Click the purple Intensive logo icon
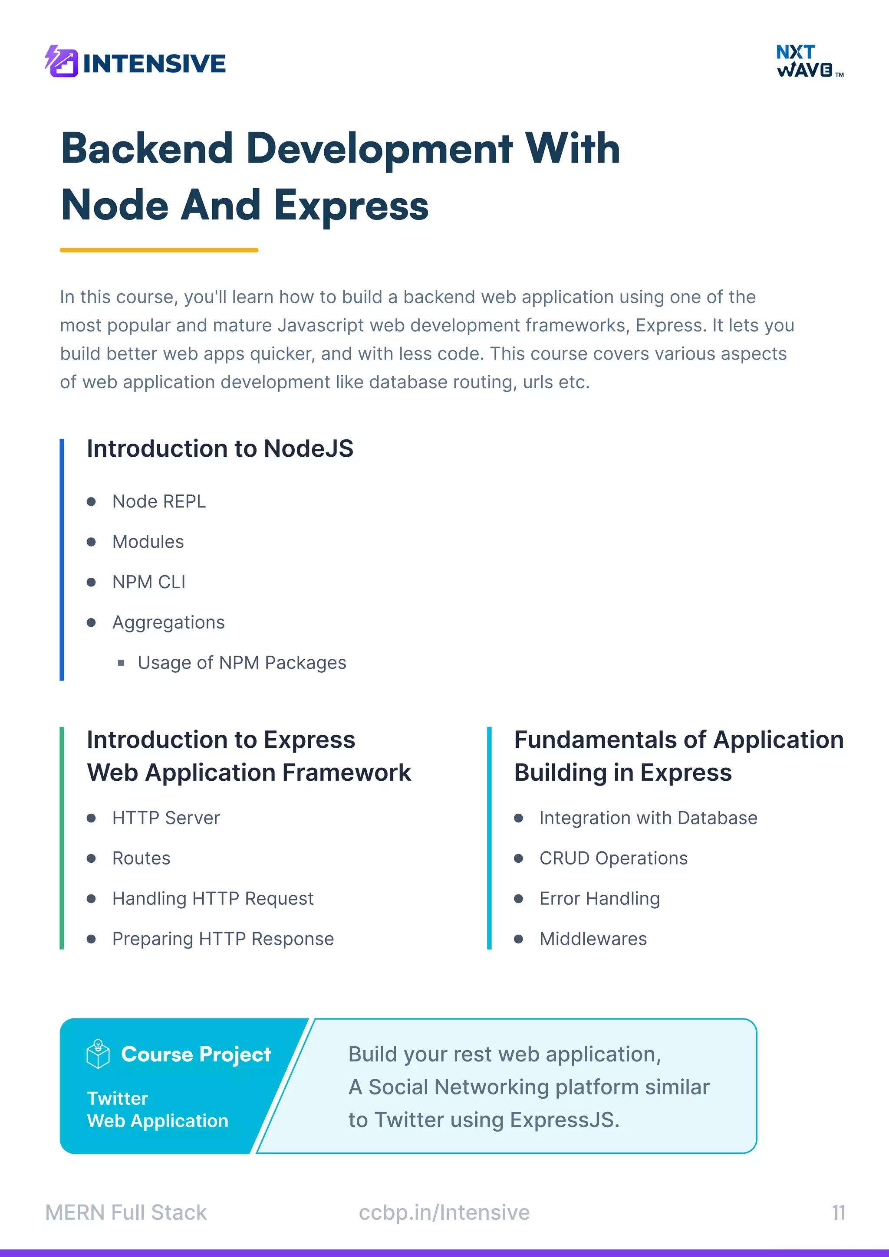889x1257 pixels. pyautogui.click(x=61, y=61)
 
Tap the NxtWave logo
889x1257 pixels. pyautogui.click(x=809, y=61)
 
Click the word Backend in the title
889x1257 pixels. pyautogui.click(x=147, y=149)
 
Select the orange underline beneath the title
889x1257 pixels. pyautogui.click(x=159, y=250)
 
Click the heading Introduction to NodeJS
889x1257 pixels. pyautogui.click(x=220, y=449)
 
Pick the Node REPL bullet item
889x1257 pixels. pyautogui.click(x=159, y=501)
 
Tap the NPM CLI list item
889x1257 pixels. pyautogui.click(x=148, y=582)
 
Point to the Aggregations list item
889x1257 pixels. pyautogui.click(x=168, y=622)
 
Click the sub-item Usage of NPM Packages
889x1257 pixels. pyautogui.click(x=241, y=663)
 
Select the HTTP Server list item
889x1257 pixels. pyautogui.click(x=166, y=818)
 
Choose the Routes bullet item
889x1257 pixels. pyautogui.click(x=142, y=858)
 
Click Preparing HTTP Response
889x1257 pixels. pyautogui.click(x=223, y=939)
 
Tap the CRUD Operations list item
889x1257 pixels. pyautogui.click(x=613, y=858)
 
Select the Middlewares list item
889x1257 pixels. pyautogui.click(x=593, y=939)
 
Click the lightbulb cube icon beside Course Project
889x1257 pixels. pyautogui.click(x=98, y=1054)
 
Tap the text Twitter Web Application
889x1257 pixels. pyautogui.click(x=157, y=1110)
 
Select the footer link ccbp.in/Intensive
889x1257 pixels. pyautogui.click(x=444, y=1213)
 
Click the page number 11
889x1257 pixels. pyautogui.click(x=838, y=1213)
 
